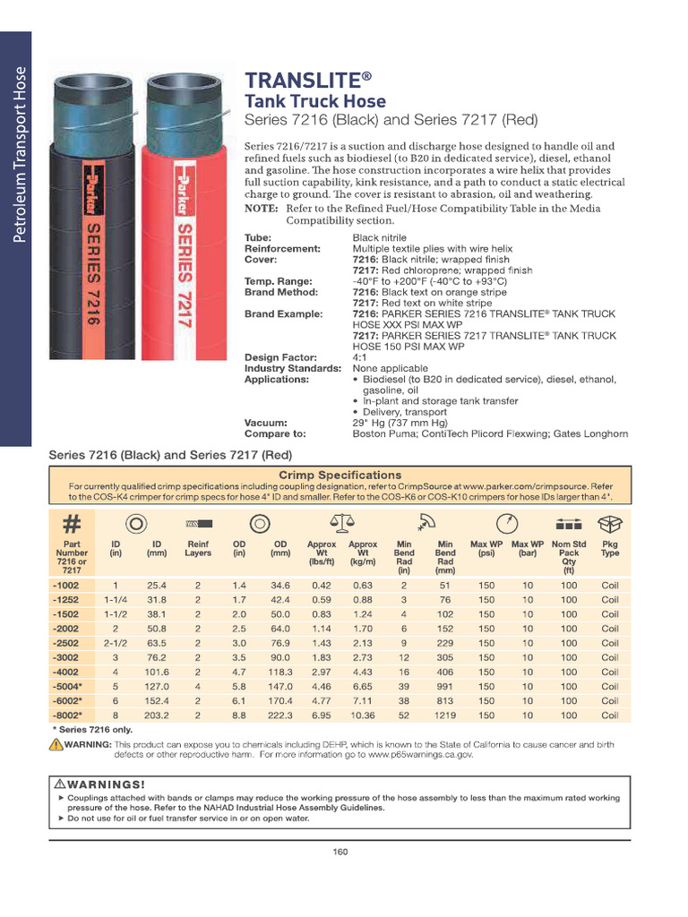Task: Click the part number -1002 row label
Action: point(65,586)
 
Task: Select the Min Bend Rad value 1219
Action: point(444,716)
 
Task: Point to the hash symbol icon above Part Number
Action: point(72,523)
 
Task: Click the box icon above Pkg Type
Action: point(609,523)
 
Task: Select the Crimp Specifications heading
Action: point(340,475)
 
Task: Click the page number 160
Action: point(340,852)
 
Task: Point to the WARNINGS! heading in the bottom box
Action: point(99,784)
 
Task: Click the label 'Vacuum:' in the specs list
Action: point(266,423)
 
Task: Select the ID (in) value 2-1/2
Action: point(116,643)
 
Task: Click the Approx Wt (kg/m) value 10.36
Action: point(363,716)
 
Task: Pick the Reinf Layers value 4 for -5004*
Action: point(198,687)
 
